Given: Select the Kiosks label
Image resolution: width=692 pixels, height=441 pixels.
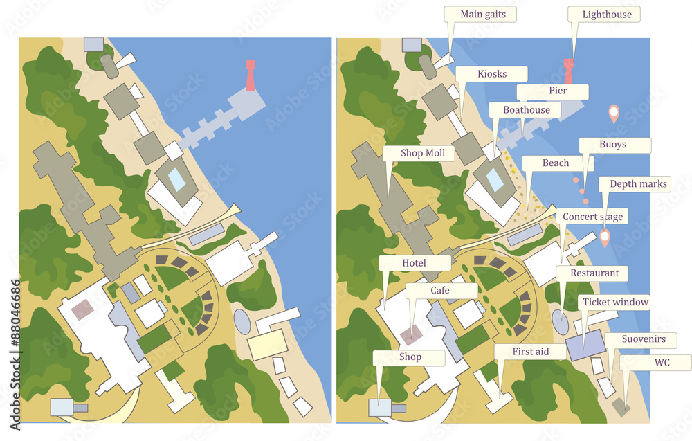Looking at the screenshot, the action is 491,74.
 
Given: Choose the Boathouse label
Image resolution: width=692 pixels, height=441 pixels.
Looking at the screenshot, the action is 526,110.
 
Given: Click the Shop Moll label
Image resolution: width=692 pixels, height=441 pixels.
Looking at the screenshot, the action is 418,153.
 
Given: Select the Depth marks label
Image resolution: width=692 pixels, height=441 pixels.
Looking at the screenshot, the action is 639,183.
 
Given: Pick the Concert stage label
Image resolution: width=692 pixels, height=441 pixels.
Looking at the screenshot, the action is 592,217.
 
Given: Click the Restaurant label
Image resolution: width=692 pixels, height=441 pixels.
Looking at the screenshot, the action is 594,273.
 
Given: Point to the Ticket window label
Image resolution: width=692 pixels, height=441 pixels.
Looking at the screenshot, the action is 615,302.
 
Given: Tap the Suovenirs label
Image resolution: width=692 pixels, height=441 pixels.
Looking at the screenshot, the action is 643,339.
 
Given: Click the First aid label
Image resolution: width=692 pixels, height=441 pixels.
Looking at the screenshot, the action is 530,352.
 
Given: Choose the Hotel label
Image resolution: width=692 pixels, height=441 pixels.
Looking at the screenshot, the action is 414,263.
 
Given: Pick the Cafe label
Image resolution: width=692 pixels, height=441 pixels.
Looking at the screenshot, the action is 440,291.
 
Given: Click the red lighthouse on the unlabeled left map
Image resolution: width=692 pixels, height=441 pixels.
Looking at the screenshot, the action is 250,75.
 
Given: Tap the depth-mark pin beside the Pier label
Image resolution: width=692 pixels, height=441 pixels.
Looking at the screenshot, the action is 613,113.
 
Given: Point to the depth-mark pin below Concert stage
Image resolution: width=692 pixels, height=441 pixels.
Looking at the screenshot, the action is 604,238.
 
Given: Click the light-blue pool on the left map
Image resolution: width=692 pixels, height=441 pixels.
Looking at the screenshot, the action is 177,180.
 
